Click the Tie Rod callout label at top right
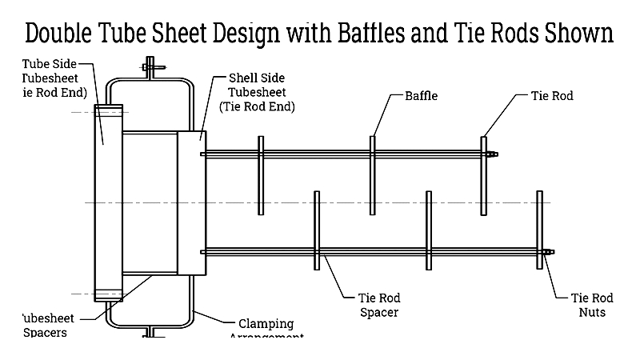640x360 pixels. point(552,96)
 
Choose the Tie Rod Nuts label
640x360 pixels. point(591,305)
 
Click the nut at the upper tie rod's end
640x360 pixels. point(494,154)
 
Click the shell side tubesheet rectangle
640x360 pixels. point(191,203)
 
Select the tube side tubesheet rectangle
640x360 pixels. point(108,203)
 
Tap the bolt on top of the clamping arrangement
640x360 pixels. point(150,67)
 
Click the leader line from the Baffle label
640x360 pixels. point(382,112)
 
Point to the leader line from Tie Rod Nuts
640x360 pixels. point(558,276)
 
